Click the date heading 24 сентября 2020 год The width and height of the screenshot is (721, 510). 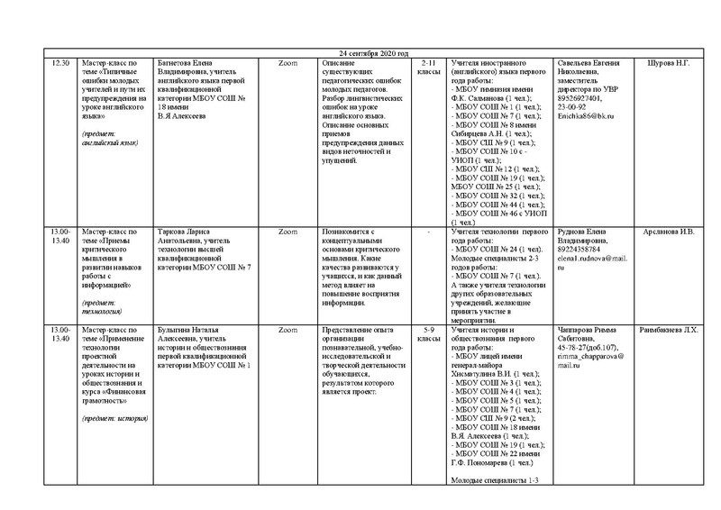click(x=360, y=54)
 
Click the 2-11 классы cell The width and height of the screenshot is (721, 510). click(x=427, y=68)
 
